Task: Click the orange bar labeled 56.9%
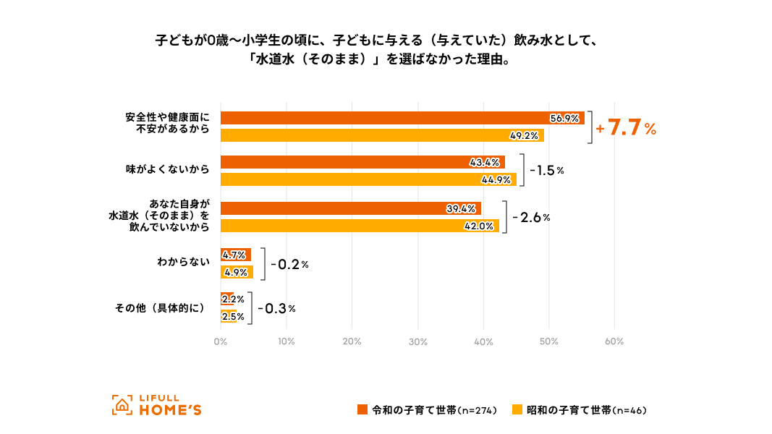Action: (x=402, y=118)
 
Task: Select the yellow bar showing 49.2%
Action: (x=382, y=135)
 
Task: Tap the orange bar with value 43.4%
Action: (x=362, y=162)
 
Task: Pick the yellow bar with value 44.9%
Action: (x=368, y=179)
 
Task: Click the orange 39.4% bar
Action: (x=350, y=208)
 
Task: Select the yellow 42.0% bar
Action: (x=360, y=226)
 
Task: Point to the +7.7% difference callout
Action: (x=626, y=129)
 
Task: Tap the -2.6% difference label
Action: (x=532, y=217)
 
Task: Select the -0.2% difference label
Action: (x=290, y=264)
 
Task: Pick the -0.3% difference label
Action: (x=277, y=309)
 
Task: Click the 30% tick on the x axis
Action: (x=417, y=341)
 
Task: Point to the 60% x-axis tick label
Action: (x=614, y=341)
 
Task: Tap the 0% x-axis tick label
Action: (x=221, y=341)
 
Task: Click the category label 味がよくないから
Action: (x=167, y=170)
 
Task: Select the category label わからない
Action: (x=183, y=263)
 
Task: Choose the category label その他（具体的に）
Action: (x=161, y=308)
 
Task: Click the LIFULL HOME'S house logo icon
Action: (x=122, y=406)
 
